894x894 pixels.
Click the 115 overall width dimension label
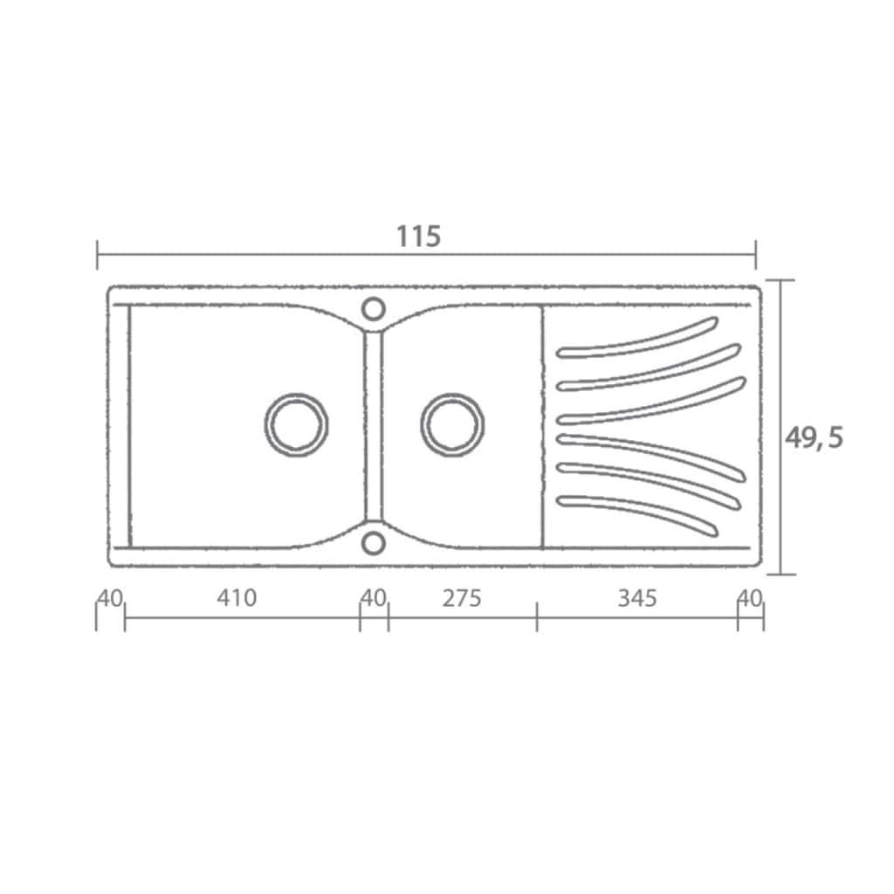pyautogui.click(x=418, y=236)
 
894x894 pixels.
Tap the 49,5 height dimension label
pyautogui.click(x=814, y=438)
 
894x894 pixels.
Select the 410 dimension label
pyautogui.click(x=237, y=597)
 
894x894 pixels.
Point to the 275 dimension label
pyautogui.click(x=462, y=597)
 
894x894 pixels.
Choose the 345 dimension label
pyautogui.click(x=637, y=597)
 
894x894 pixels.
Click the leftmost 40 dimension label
pyautogui.click(x=110, y=598)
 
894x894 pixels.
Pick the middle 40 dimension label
pyautogui.click(x=374, y=597)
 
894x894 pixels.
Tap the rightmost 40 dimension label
pyautogui.click(x=750, y=598)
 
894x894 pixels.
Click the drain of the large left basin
pyautogui.click(x=296, y=425)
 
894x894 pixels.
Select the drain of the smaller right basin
pyautogui.click(x=452, y=425)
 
